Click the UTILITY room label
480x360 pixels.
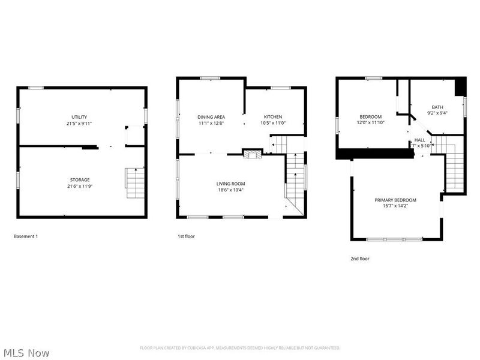tap(80, 117)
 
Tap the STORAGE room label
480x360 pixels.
tap(80, 179)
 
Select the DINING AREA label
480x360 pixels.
tap(211, 117)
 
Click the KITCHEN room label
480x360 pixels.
tap(273, 117)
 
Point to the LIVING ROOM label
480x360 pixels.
tap(230, 184)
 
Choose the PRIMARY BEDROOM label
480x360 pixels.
tap(395, 200)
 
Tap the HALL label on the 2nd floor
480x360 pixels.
tap(419, 140)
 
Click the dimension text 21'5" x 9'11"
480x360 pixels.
tap(80, 124)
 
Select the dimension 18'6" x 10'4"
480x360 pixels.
tap(230, 190)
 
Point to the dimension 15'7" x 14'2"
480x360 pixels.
tap(395, 206)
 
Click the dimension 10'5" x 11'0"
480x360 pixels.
tap(273, 124)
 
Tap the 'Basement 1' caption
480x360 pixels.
tap(26, 236)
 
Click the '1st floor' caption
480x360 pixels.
tap(186, 236)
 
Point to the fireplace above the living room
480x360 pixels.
tap(252, 154)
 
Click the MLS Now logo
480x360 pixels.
tap(26, 353)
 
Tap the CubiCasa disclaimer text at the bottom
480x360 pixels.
tap(240, 348)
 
